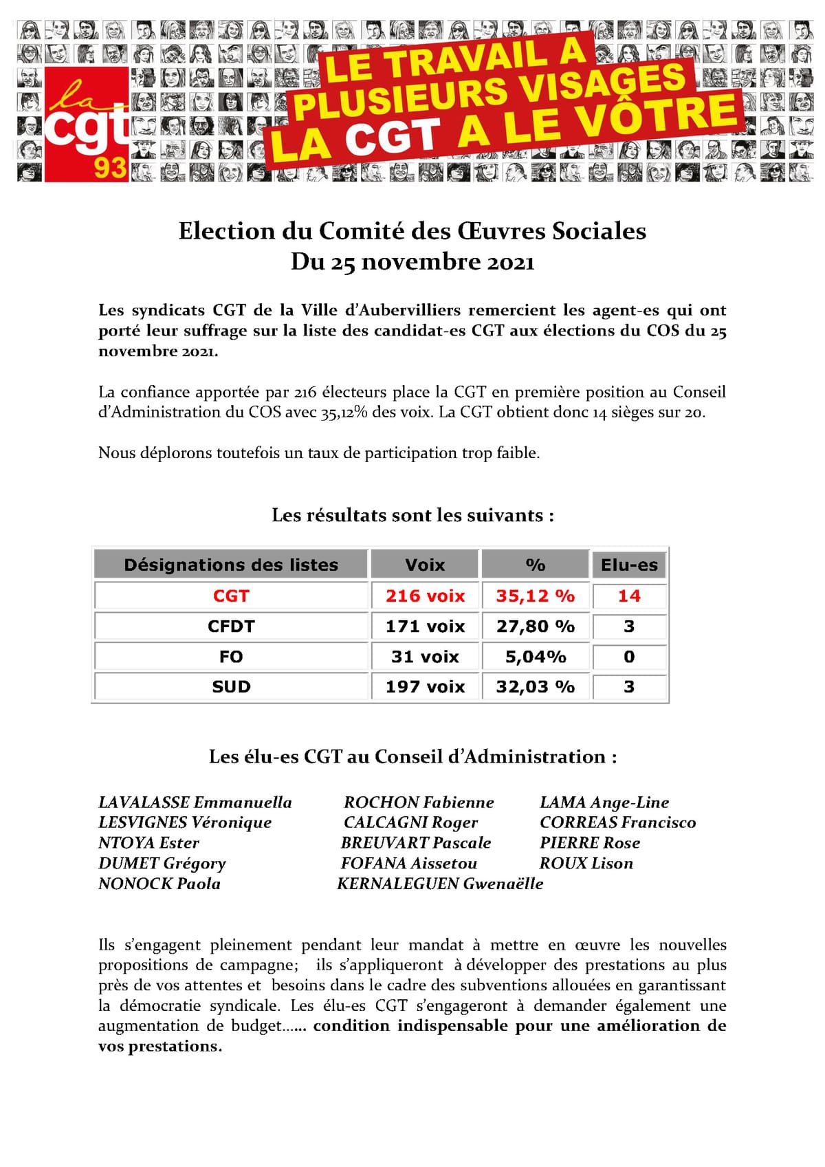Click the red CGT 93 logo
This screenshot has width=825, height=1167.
coord(87,124)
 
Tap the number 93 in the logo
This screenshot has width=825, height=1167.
coord(110,167)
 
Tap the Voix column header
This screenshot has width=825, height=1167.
coord(425,565)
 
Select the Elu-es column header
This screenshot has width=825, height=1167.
coord(629,565)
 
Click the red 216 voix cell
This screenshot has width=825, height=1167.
coord(425,596)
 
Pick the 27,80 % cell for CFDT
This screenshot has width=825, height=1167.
coord(535,626)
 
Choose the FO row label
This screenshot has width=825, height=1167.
coord(231,657)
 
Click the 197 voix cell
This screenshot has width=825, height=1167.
coord(425,686)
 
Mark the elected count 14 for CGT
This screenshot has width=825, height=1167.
coord(629,596)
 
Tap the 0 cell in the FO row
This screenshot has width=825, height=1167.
coord(629,657)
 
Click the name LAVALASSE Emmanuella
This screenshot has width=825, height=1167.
coord(195,803)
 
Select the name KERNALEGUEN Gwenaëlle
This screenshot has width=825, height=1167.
coord(440,884)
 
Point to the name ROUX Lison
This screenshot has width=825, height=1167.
coord(586,863)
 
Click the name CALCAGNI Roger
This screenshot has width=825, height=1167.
coord(410,822)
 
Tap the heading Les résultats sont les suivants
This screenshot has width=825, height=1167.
coord(412,515)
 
